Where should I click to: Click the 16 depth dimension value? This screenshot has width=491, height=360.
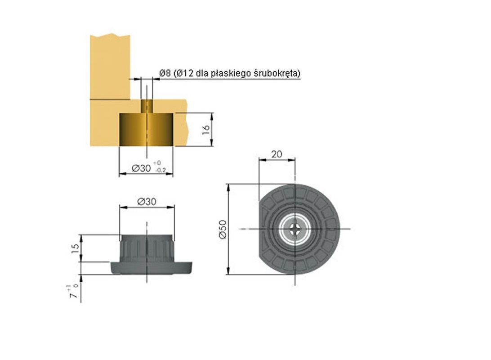(x=206, y=130)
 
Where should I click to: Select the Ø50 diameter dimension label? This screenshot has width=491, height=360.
(x=223, y=229)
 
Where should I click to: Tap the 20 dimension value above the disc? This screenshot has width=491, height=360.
(x=277, y=154)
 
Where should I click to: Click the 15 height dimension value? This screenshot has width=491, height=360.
(x=76, y=248)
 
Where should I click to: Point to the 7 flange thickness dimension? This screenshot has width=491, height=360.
(x=74, y=292)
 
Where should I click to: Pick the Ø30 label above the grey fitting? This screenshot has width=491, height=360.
(x=147, y=202)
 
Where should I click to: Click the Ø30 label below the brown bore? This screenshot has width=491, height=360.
(x=141, y=168)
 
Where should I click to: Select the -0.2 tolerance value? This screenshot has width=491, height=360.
(x=161, y=171)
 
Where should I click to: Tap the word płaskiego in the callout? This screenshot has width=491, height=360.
(x=231, y=74)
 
